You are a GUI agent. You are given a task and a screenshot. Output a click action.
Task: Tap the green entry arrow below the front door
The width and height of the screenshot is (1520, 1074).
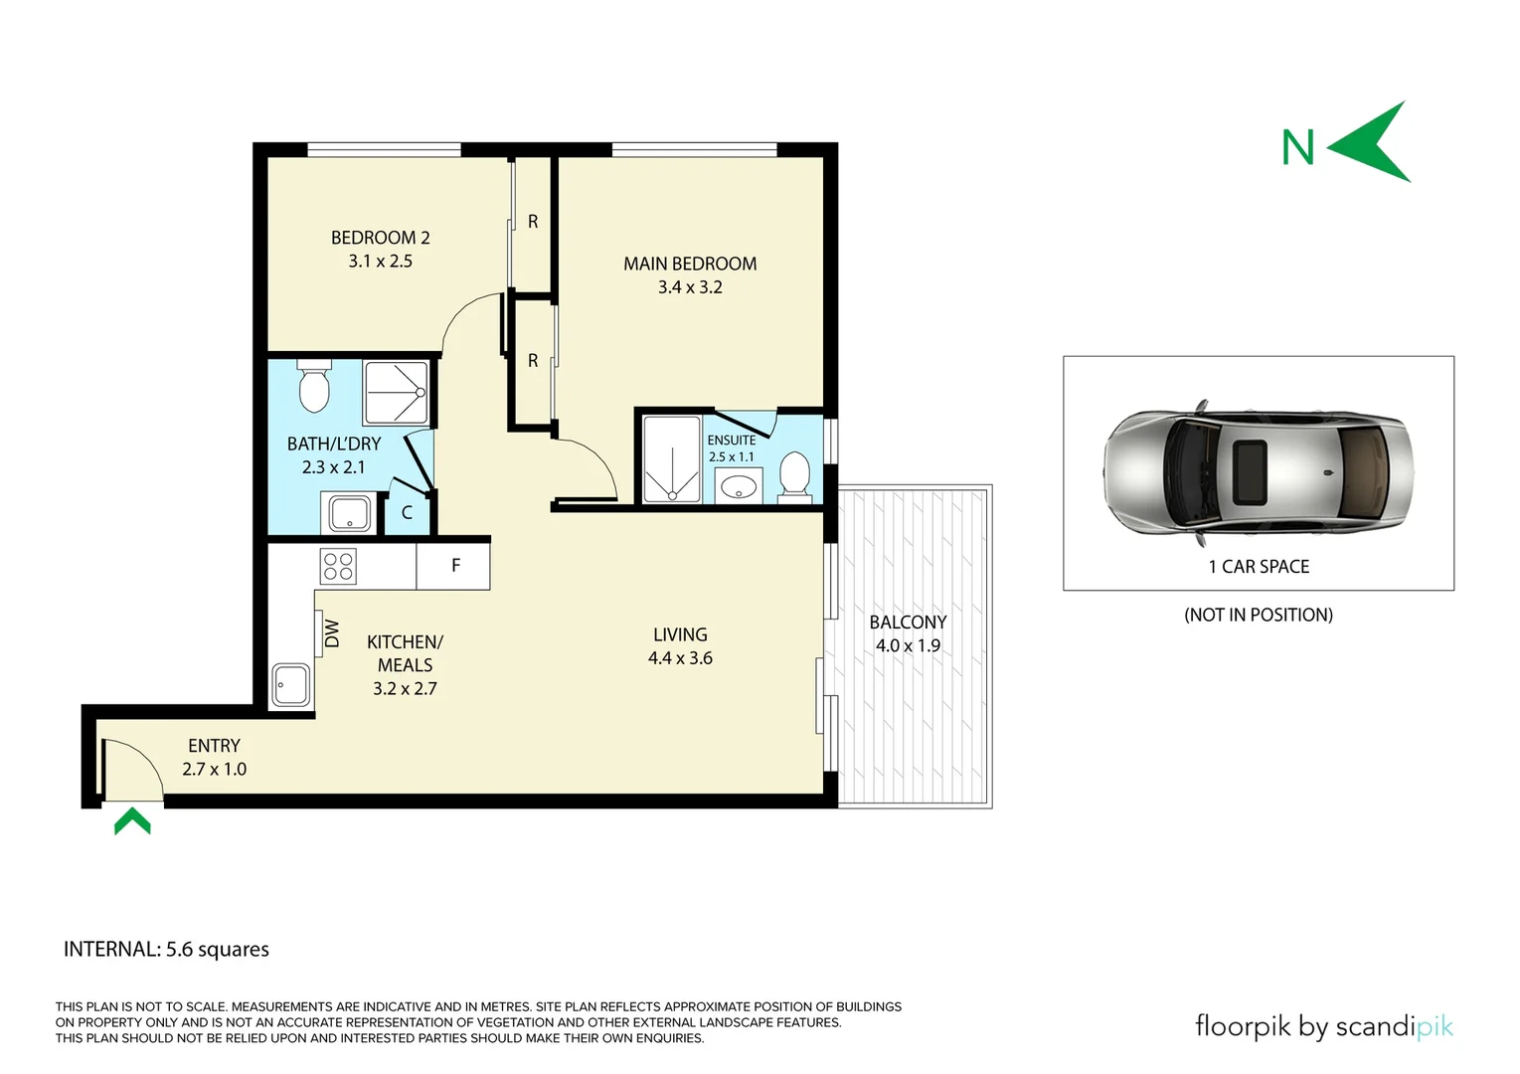132,822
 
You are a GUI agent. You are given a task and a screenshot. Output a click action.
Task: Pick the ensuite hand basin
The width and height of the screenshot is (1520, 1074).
738,487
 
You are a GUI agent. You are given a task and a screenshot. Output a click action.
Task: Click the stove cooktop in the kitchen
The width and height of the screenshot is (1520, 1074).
338,566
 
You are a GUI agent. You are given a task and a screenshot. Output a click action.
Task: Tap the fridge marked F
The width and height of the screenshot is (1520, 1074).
454,566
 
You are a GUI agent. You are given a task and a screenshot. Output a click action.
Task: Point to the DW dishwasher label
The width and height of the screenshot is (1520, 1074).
332,633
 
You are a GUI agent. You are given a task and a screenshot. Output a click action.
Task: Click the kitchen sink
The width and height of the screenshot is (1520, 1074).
291,684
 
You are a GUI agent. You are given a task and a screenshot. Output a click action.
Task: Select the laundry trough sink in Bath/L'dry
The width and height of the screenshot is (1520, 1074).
349,514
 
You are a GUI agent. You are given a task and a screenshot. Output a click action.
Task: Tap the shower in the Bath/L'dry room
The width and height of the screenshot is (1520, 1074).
397,393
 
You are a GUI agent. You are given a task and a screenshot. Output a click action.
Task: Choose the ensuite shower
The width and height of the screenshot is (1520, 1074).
672,458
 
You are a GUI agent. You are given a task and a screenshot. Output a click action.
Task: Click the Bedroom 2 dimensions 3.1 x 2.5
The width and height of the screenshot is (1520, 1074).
380,262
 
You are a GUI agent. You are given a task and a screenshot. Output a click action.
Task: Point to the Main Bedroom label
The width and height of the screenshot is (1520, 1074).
690,264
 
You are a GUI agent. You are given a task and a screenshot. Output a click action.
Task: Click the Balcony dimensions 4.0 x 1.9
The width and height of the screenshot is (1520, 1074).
908,645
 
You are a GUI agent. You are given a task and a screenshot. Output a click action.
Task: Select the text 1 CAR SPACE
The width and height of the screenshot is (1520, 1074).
1259,567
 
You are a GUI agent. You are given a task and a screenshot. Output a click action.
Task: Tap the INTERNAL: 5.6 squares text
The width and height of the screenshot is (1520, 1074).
166,949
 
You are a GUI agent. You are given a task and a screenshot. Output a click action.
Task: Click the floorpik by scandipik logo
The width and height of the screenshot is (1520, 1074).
1323,1026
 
